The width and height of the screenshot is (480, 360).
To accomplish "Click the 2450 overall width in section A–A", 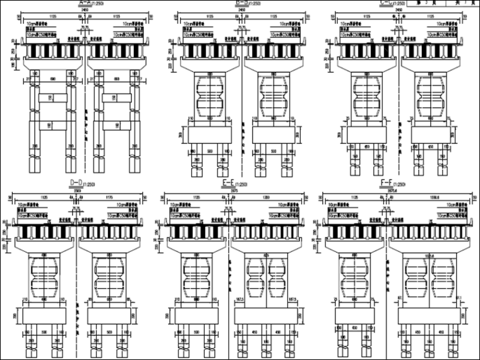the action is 80,11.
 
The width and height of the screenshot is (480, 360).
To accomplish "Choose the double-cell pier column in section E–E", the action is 264,279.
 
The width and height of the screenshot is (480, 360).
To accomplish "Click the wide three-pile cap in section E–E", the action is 264,315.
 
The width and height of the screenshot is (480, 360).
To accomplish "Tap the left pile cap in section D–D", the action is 44,315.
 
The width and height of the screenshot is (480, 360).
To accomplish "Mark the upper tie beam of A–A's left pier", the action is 50,98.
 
